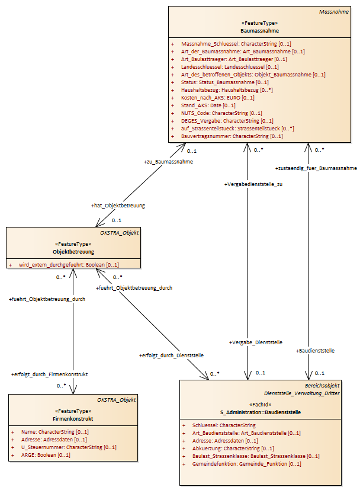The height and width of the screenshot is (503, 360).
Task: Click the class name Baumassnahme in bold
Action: (x=260, y=31)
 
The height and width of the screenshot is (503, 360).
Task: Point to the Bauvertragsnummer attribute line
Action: (x=232, y=136)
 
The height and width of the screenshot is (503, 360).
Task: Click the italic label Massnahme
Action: (x=334, y=12)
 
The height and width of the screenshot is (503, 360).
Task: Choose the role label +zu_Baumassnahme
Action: (x=168, y=162)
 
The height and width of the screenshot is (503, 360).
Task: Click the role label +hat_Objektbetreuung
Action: (x=118, y=206)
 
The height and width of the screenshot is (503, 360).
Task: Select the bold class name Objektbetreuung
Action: (x=73, y=252)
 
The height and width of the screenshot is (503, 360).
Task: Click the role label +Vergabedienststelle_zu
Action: (x=253, y=184)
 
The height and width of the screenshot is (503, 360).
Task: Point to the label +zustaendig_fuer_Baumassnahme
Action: (x=316, y=168)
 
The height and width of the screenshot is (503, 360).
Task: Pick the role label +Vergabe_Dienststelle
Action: (x=256, y=342)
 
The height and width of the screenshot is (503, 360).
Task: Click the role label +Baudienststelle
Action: (x=315, y=351)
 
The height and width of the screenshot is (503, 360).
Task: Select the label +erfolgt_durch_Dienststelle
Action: (x=171, y=355)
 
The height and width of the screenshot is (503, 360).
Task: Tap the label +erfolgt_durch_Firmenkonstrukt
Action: (x=49, y=374)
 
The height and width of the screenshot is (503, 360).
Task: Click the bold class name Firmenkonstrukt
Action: (x=73, y=419)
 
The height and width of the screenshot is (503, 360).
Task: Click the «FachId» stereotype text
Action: (x=261, y=405)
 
